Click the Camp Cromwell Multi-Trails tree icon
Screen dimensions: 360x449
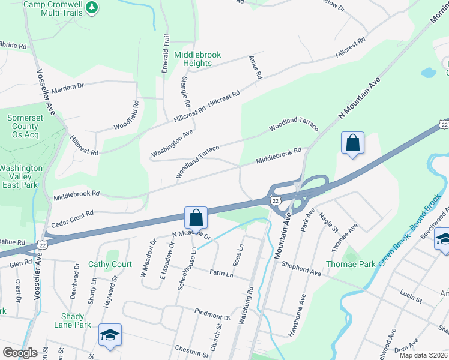pyautogui.click(x=92, y=7)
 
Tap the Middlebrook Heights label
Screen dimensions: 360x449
pyautogui.click(x=197, y=59)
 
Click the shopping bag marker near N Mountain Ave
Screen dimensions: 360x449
pyautogui.click(x=352, y=143)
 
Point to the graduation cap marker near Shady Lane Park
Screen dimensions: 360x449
pyautogui.click(x=110, y=334)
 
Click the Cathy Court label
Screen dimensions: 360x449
pyautogui.click(x=110, y=264)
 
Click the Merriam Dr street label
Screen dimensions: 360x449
pyautogui.click(x=67, y=86)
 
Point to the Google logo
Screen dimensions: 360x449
pyautogui.click(x=20, y=353)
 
